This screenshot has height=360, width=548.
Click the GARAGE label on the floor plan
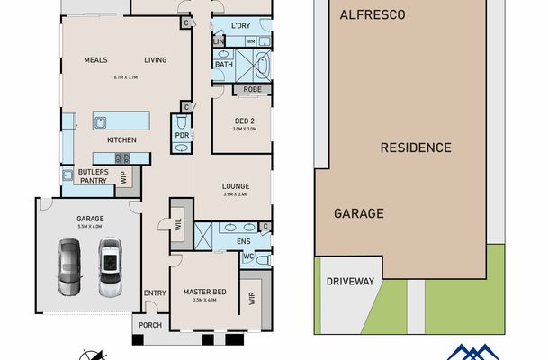tap(90, 219)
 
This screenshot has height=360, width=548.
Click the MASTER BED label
tap(206, 292)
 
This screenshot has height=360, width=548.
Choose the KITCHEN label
tap(121, 141)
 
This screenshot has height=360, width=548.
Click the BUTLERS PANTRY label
tap(93, 175)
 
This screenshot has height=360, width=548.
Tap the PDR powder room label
tap(181, 137)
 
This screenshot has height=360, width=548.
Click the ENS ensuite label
tap(242, 241)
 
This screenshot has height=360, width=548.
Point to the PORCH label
tap(146, 326)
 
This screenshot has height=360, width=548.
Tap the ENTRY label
tap(155, 292)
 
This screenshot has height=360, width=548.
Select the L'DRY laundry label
tap(239, 26)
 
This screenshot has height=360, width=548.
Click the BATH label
tap(224, 65)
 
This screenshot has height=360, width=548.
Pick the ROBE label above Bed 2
tap(251, 90)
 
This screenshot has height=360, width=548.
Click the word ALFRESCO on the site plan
tap(373, 15)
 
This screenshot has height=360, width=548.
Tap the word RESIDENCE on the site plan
tap(415, 147)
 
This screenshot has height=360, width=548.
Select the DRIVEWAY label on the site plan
tap(349, 282)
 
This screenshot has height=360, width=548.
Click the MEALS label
tap(96, 60)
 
